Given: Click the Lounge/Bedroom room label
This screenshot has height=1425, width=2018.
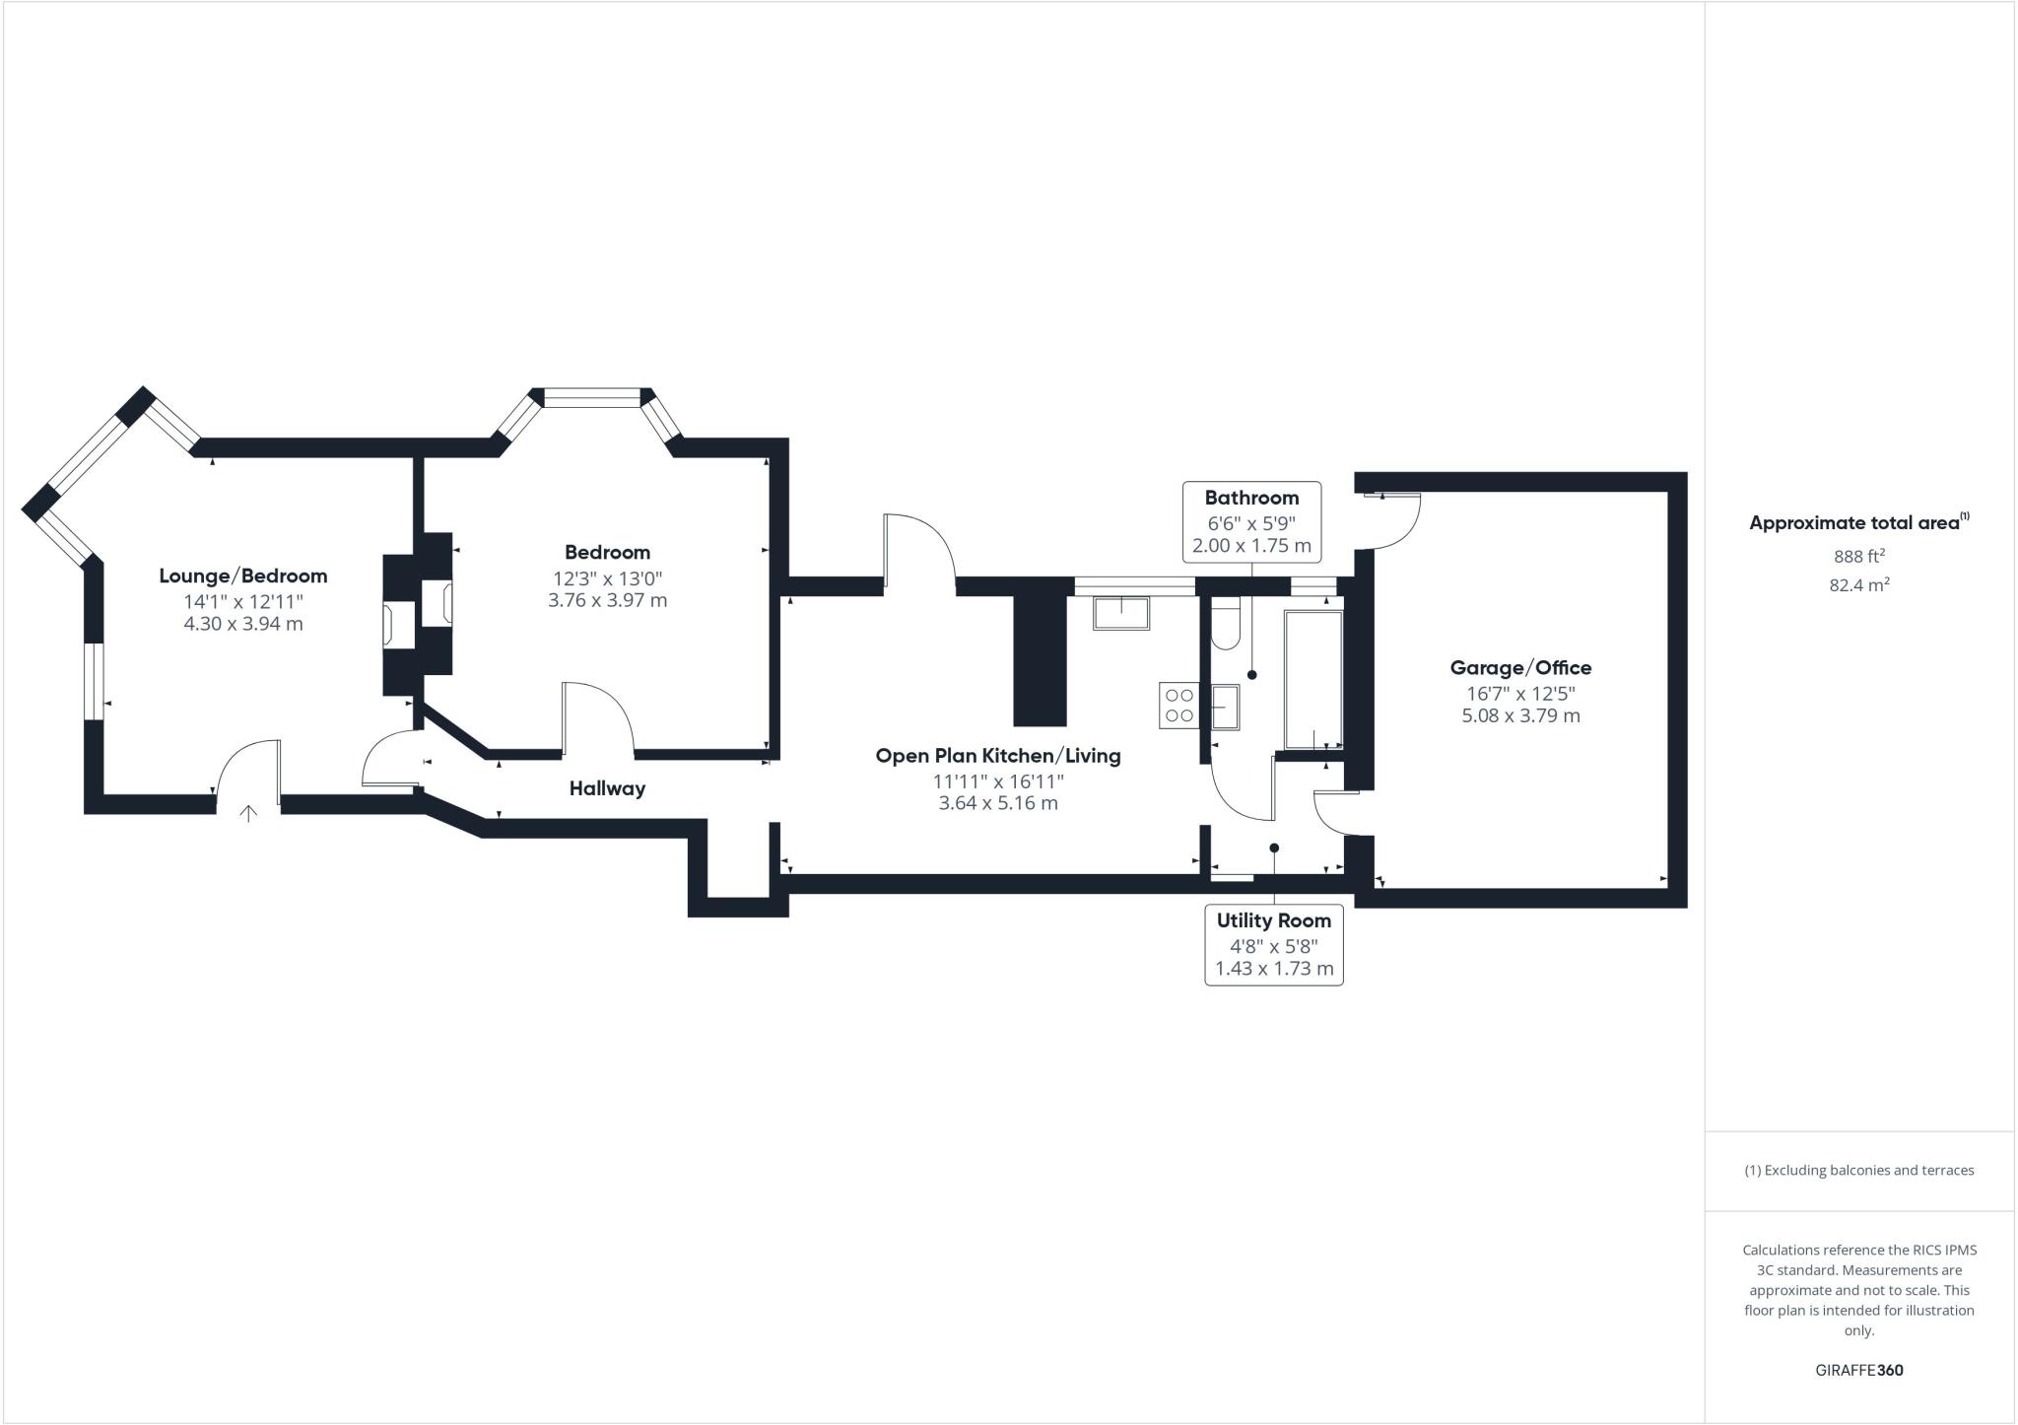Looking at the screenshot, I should coord(242,576).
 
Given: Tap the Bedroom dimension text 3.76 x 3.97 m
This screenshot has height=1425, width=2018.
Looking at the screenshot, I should coord(607,600).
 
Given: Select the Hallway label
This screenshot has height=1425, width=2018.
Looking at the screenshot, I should coord(607,788).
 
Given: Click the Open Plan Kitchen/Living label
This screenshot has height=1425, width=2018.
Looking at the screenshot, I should coord(997,756).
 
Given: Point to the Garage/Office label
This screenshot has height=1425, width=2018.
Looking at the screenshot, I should coord(1519,668).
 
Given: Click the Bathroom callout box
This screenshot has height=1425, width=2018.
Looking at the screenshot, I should coord(1251,521).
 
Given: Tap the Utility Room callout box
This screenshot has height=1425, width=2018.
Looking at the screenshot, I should coord(1273,944).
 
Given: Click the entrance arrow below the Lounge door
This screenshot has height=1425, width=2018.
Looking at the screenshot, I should coord(248,814).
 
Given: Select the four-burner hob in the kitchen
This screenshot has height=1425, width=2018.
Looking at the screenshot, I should coord(1179,706).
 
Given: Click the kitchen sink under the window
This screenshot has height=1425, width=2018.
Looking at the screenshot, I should coord(1121,613).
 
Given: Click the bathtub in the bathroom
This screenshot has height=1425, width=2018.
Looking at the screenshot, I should coord(1312,679).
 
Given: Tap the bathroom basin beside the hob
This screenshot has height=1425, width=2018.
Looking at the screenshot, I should coord(1225,708).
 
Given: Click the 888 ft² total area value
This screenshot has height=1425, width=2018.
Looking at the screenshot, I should coord(1858,556).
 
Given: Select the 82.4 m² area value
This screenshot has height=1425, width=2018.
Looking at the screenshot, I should coord(1858,585).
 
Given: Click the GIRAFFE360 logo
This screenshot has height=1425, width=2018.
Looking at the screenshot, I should coord(1858,1370).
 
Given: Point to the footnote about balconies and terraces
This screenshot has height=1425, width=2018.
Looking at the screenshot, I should coord(1858,1171).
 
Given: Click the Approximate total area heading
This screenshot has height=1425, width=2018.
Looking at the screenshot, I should coord(1856,523).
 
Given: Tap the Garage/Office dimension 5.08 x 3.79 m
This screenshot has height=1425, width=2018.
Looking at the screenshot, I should coord(1519,715).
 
